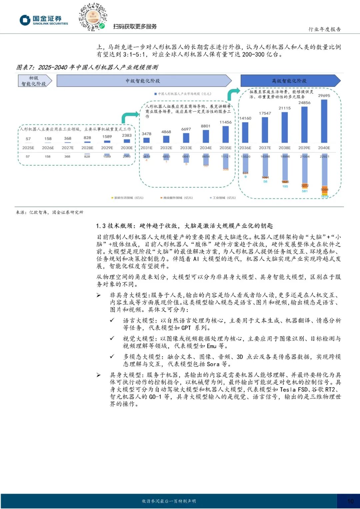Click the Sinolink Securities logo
coord(44,20)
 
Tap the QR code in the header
coord(92,17)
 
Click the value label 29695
coord(324,96)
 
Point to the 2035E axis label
coord(225,148)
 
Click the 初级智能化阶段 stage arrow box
coord(35,81)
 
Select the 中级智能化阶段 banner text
coord(143,81)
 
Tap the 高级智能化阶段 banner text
coord(289,81)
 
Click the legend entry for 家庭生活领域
coord(127,198)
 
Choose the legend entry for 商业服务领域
coord(176,198)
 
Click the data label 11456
coord(225,122)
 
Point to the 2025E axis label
coord(28,148)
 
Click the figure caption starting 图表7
coord(87,67)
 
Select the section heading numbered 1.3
coord(184,226)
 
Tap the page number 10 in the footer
coord(350,501)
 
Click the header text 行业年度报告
coord(324,29)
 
